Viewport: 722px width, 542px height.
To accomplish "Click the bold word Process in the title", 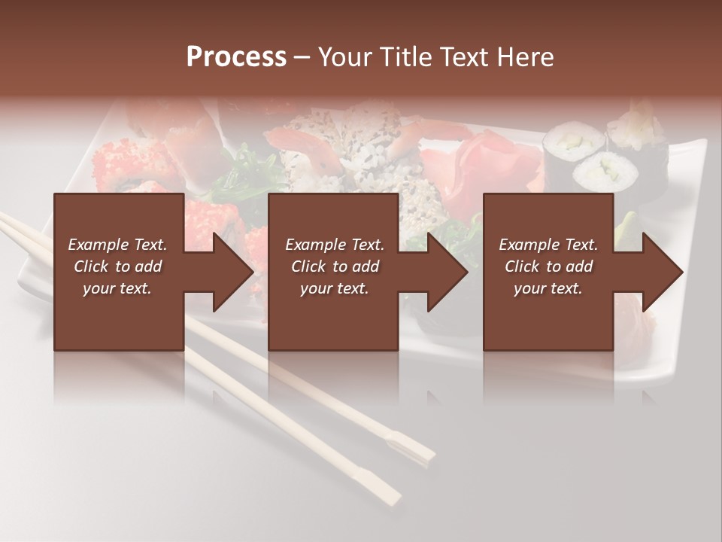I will (x=236, y=57).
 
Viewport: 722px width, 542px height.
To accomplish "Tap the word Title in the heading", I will (x=405, y=57).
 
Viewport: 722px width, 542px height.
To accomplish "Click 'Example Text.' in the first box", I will (x=117, y=245).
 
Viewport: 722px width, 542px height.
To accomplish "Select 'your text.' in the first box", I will (x=117, y=288).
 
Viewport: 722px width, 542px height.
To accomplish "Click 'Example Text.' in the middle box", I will (x=335, y=245).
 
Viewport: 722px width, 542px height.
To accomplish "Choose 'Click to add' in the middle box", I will (x=335, y=266).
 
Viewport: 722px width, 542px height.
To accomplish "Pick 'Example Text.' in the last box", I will (x=548, y=245).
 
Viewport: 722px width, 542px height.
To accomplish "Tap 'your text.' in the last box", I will (x=548, y=288).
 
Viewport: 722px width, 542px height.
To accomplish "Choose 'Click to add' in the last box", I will (x=548, y=266).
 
